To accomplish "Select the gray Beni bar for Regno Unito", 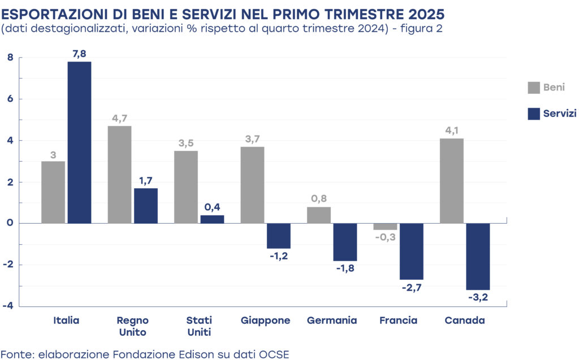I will (119, 175).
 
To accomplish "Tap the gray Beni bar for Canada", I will (452, 181).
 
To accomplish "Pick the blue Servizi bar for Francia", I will (411, 251).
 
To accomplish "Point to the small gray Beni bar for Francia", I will (385, 227).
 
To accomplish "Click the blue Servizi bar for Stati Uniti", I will (212, 219).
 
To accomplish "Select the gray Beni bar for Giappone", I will (252, 185).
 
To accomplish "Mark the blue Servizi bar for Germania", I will (345, 242).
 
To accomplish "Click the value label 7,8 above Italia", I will (79, 54).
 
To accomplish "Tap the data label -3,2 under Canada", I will (478, 297).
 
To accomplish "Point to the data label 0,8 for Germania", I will (319, 199).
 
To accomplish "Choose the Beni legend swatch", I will (533, 88).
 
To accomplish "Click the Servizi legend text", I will (560, 114).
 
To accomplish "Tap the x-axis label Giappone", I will (266, 320).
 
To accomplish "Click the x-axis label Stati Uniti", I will (199, 326).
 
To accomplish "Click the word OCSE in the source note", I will (274, 354).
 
